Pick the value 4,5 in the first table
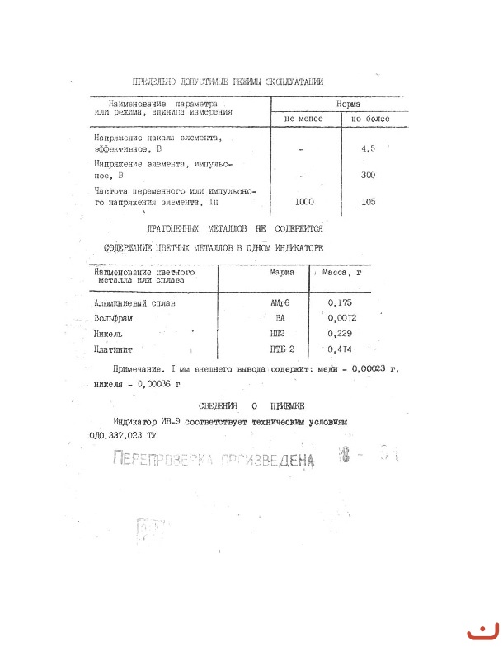pyautogui.click(x=369, y=150)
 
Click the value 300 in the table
pyautogui.click(x=369, y=176)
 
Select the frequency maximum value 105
pyautogui.click(x=369, y=201)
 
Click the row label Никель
pyautogui.click(x=109, y=333)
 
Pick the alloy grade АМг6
pyautogui.click(x=281, y=302)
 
